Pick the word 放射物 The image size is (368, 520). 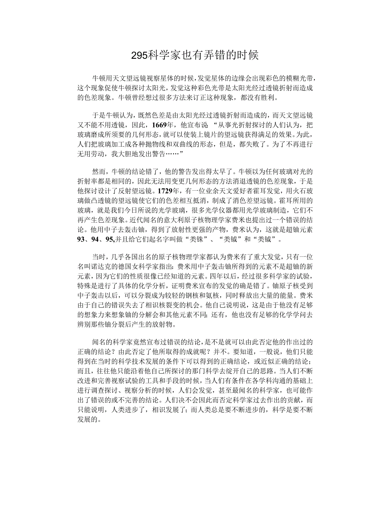(164, 324)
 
